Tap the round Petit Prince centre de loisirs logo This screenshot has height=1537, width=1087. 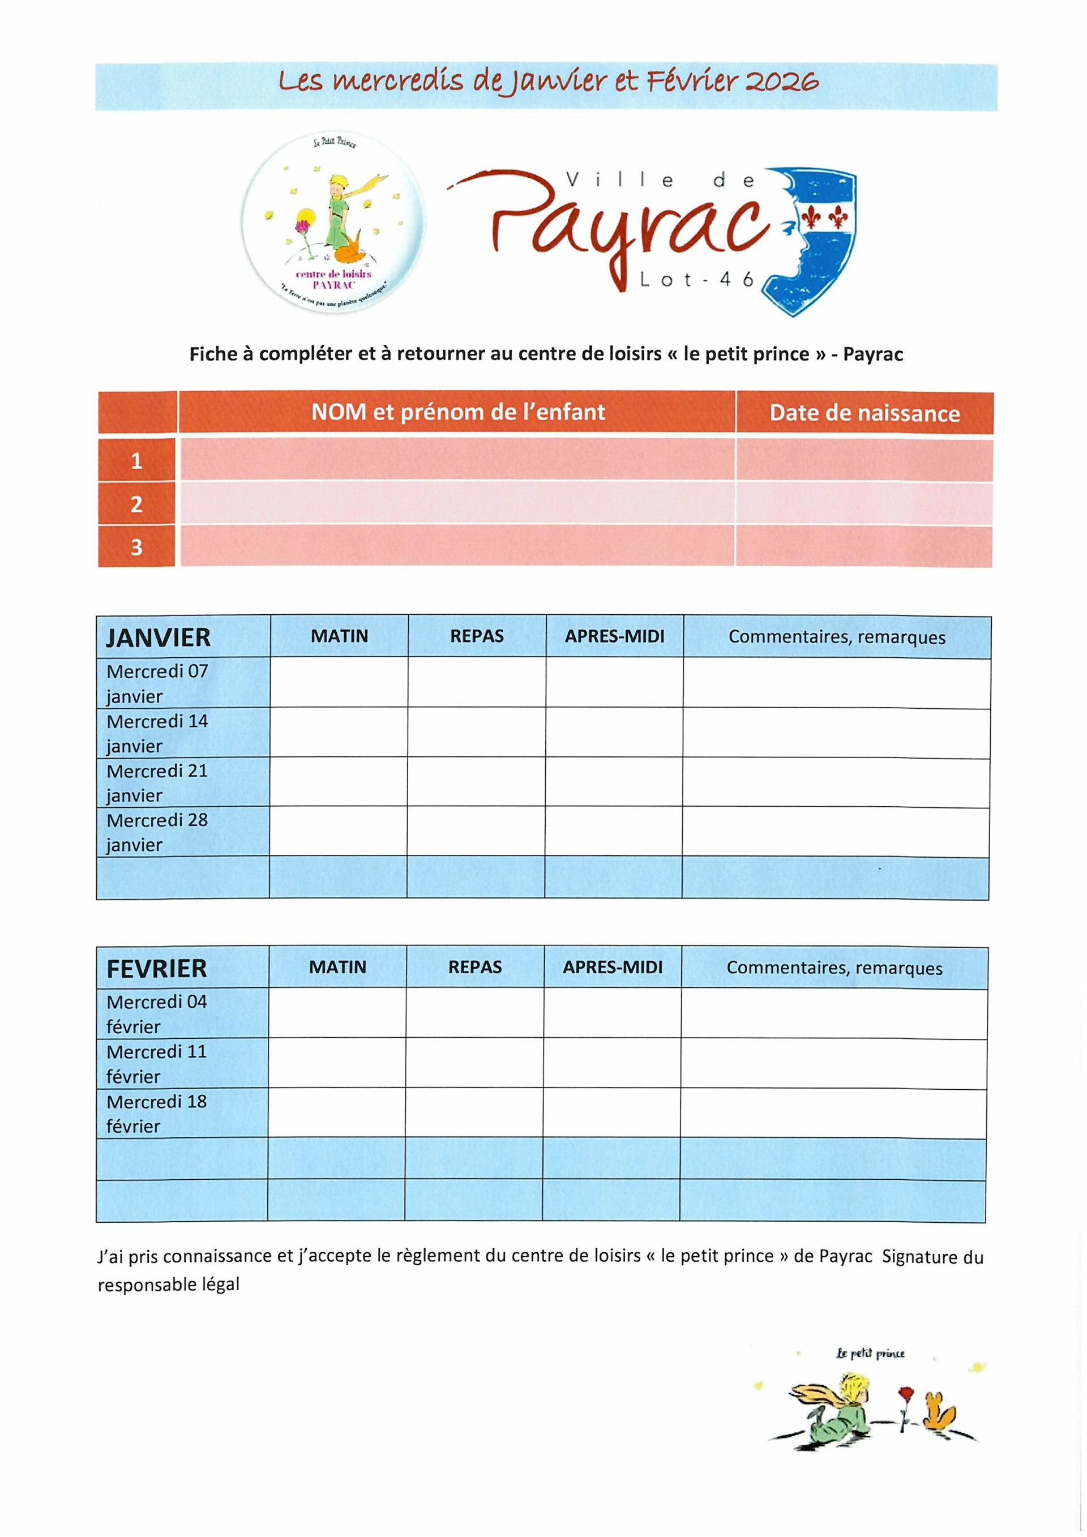[x=333, y=221]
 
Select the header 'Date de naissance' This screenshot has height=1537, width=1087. [x=864, y=413]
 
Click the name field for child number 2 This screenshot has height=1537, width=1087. [x=457, y=503]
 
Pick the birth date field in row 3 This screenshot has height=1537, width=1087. [x=863, y=546]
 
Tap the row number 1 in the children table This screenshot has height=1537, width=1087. [x=136, y=461]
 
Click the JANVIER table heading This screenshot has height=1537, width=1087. [x=159, y=637]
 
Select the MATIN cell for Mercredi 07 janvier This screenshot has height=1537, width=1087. [x=339, y=682]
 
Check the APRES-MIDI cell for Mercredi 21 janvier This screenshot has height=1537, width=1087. [x=614, y=782]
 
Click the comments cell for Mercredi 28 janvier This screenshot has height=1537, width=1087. [x=836, y=832]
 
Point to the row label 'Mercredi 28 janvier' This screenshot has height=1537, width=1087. [x=157, y=832]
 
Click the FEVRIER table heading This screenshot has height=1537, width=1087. [x=157, y=968]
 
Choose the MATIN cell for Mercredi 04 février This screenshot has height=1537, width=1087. [x=337, y=1013]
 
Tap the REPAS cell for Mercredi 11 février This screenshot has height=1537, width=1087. [x=474, y=1063]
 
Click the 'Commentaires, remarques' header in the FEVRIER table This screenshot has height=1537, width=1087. [x=834, y=968]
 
